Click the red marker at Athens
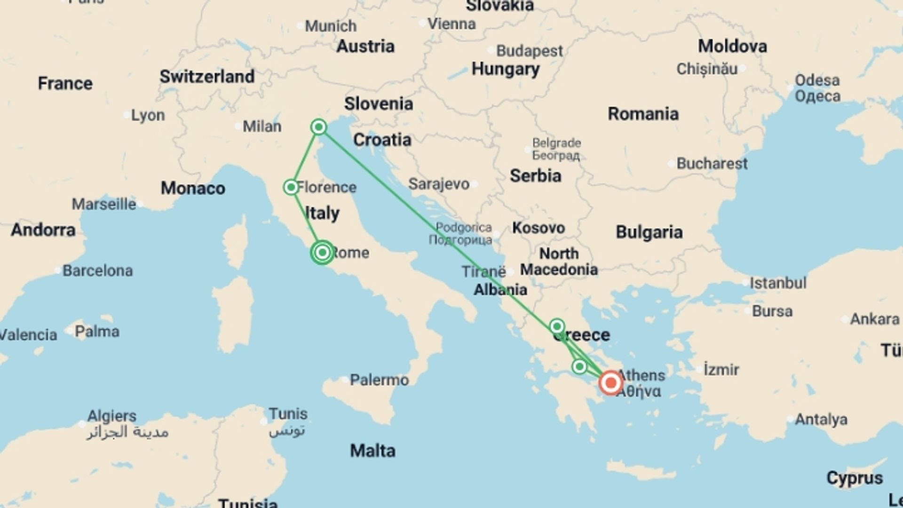coord(610,383)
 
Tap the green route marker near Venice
coord(319,127)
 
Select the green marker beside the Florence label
coord(291,187)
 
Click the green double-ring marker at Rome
coord(322,253)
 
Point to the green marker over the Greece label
coord(557,326)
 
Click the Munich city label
coord(331,26)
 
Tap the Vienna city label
coord(451,24)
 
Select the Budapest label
coord(529,51)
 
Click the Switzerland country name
coord(207,76)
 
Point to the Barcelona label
coord(97,271)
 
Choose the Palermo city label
coord(379,380)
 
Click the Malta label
coord(372,451)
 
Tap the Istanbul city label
coord(778,283)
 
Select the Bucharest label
coord(712,164)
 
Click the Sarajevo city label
coord(439,184)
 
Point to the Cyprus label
coord(855,478)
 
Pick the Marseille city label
coord(104,204)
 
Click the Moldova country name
coord(732,46)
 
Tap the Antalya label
coord(821,419)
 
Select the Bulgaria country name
coord(649,232)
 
